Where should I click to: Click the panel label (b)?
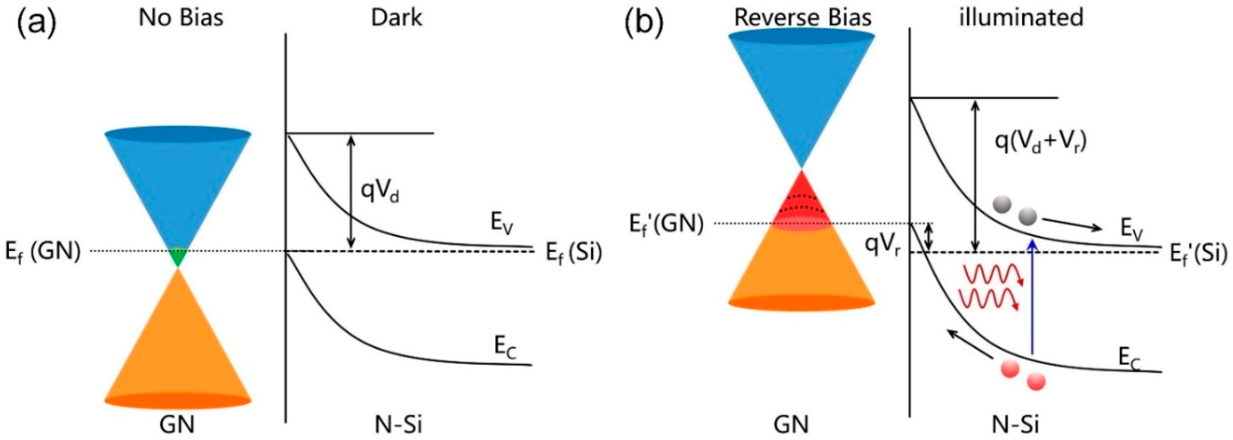click(644, 21)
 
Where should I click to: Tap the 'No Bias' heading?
click(181, 18)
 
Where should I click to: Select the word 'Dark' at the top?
click(397, 18)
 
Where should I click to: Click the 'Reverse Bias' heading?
click(803, 18)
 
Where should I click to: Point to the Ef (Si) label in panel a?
click(574, 252)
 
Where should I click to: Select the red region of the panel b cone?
click(802, 203)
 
